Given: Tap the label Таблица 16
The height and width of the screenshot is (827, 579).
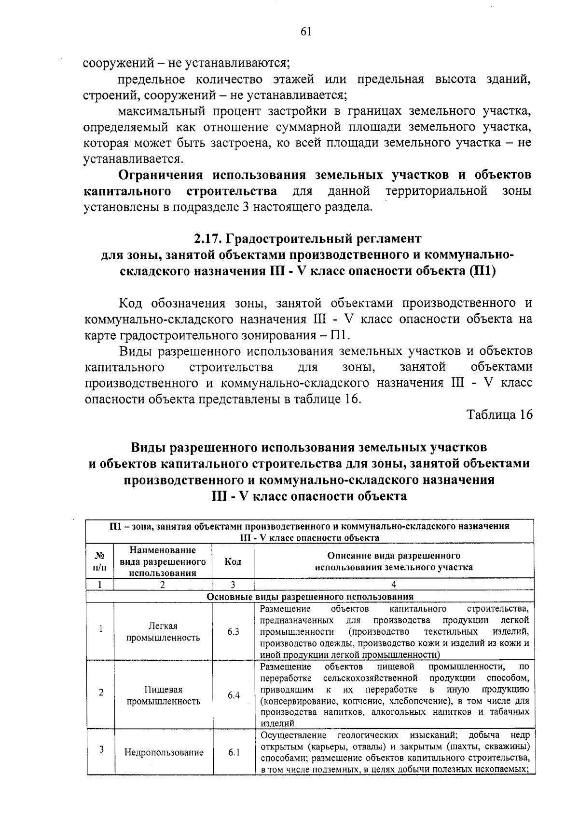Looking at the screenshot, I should tap(499, 415).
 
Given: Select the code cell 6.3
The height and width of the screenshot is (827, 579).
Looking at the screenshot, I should tap(233, 631).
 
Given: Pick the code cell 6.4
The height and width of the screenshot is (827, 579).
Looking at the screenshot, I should tap(233, 695).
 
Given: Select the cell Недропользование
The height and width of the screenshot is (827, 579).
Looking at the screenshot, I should tap(164, 752).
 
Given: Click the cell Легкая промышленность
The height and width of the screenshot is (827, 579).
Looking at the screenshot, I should tap(163, 632).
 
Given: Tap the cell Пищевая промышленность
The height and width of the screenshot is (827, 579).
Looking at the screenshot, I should tap(163, 695).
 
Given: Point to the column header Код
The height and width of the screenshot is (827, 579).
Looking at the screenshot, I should tap(233, 561).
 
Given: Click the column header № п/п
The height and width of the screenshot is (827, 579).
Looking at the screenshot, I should tap(100, 561).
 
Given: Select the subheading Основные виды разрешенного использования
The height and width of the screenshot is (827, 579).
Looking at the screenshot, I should tap(310, 597).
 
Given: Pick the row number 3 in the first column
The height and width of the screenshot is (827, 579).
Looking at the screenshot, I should tap(101, 749).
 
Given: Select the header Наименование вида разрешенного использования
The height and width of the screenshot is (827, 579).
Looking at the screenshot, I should tap(163, 561).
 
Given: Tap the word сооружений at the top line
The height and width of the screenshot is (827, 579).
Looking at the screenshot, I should tap(117, 63).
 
